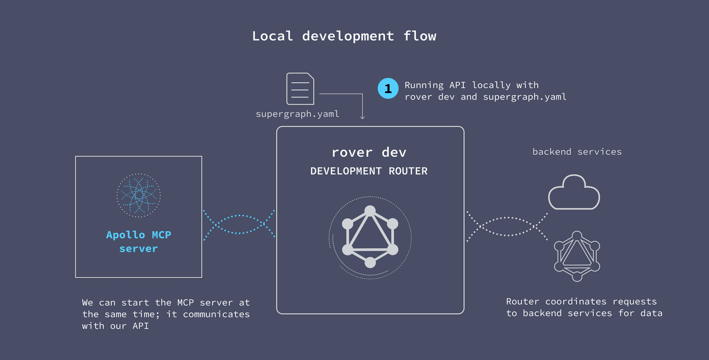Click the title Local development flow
[x=344, y=36]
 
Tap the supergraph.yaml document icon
[x=300, y=89]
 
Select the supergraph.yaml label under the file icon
[x=297, y=114]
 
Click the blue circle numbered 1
[x=388, y=89]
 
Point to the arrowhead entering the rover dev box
[x=363, y=117]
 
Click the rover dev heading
[x=369, y=152]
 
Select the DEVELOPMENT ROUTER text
[x=369, y=171]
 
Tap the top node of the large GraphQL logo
[x=370, y=211]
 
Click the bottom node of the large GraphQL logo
[x=370, y=262]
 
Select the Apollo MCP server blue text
[x=138, y=241]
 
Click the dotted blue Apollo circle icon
[x=138, y=195]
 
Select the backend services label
[x=577, y=152]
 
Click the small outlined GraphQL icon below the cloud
[x=577, y=256]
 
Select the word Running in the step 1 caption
[x=424, y=85]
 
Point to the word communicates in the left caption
[x=216, y=314]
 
